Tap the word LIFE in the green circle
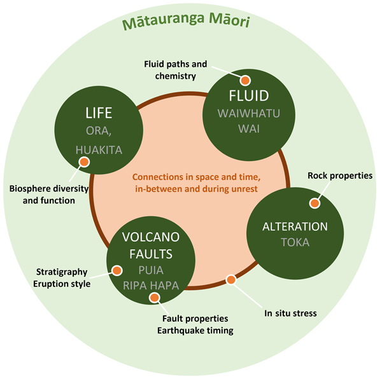coord(99,113)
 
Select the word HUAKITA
coord(99,150)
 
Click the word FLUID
coord(250,97)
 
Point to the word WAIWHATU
coord(250,114)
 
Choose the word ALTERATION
coord(295,226)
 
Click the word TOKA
coord(295,242)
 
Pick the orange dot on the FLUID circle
coord(244,80)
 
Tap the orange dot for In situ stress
coord(231,279)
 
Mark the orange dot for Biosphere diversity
coord(83,162)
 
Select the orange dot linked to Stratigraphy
coord(117,270)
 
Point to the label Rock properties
coord(340,176)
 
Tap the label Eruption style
coord(62,284)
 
